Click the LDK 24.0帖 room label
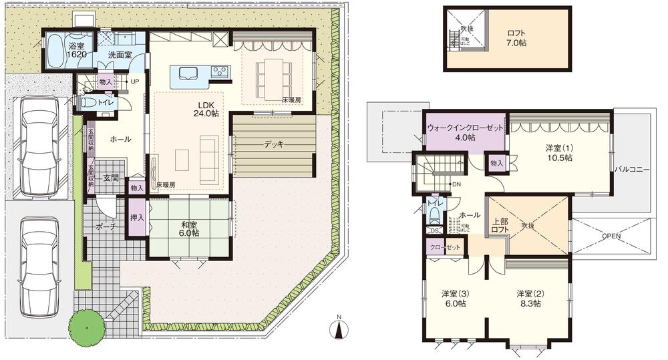(x=206, y=109)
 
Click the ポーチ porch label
(x=106, y=227)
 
